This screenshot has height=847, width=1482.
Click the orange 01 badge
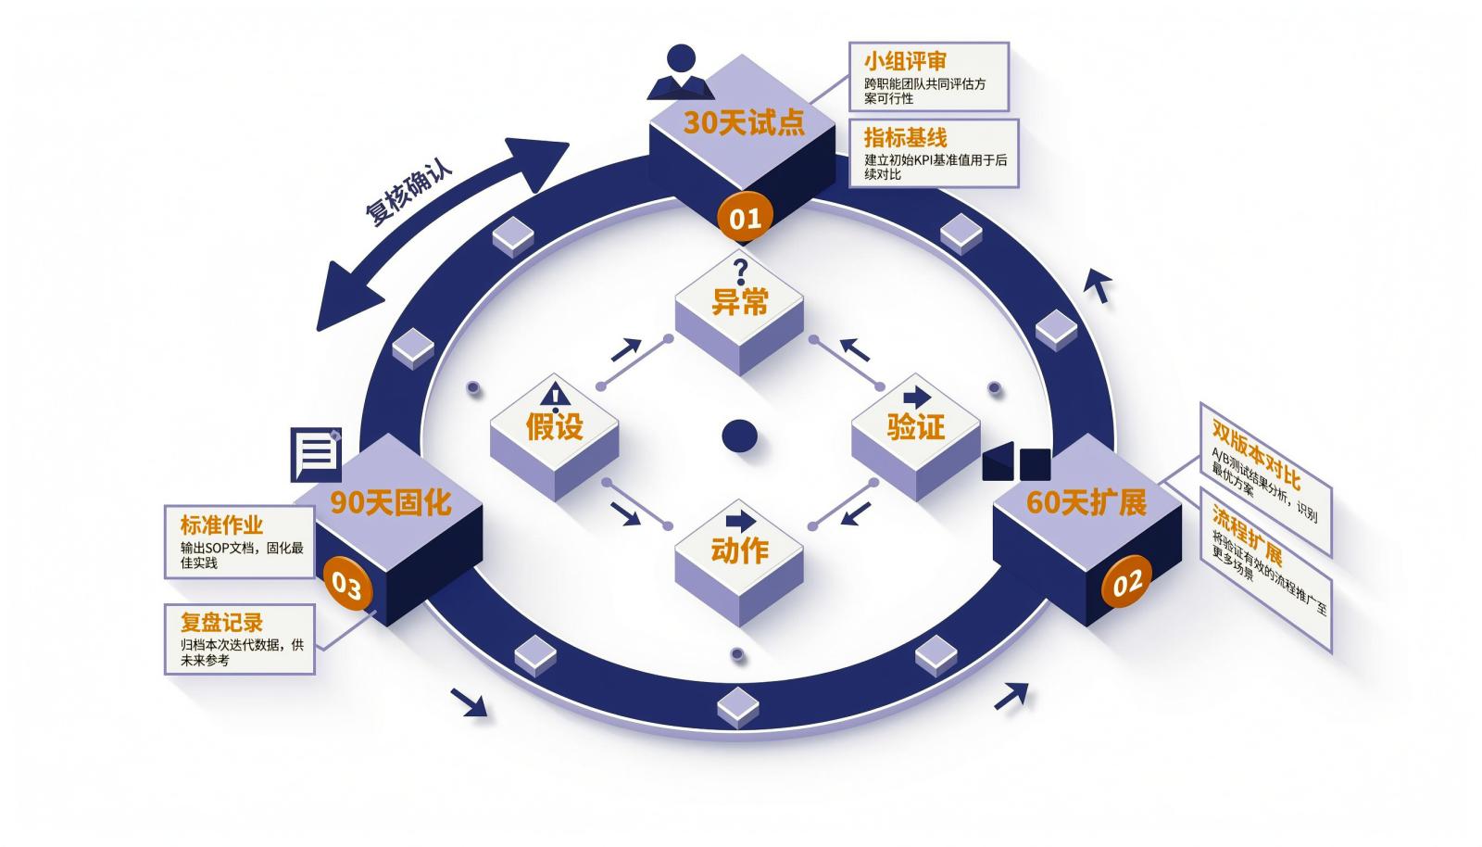pyautogui.click(x=745, y=218)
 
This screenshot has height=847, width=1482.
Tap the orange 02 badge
pyautogui.click(x=1126, y=583)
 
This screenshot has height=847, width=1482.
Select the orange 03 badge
pyautogui.click(x=346, y=585)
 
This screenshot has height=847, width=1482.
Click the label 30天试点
pyautogui.click(x=744, y=122)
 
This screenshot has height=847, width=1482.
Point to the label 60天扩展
pyautogui.click(x=1086, y=503)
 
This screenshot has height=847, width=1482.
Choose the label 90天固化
pyautogui.click(x=391, y=503)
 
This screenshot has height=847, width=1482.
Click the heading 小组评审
pyautogui.click(x=905, y=61)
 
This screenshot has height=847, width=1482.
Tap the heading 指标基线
pyautogui.click(x=905, y=138)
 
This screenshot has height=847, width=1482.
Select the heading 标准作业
pyautogui.click(x=221, y=525)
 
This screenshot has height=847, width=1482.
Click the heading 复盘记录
pyautogui.click(x=221, y=623)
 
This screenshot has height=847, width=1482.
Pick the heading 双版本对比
pyautogui.click(x=1256, y=454)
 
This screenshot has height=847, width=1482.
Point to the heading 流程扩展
pyautogui.click(x=1247, y=536)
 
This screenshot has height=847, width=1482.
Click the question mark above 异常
pyautogui.click(x=740, y=272)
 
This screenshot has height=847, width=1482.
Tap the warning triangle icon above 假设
pyautogui.click(x=556, y=395)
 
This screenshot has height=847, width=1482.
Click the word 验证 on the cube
pyautogui.click(x=916, y=427)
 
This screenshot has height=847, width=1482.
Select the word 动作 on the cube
pyautogui.click(x=740, y=550)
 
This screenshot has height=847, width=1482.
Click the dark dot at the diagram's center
pyautogui.click(x=739, y=436)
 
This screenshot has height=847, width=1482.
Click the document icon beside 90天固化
pyautogui.click(x=316, y=455)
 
